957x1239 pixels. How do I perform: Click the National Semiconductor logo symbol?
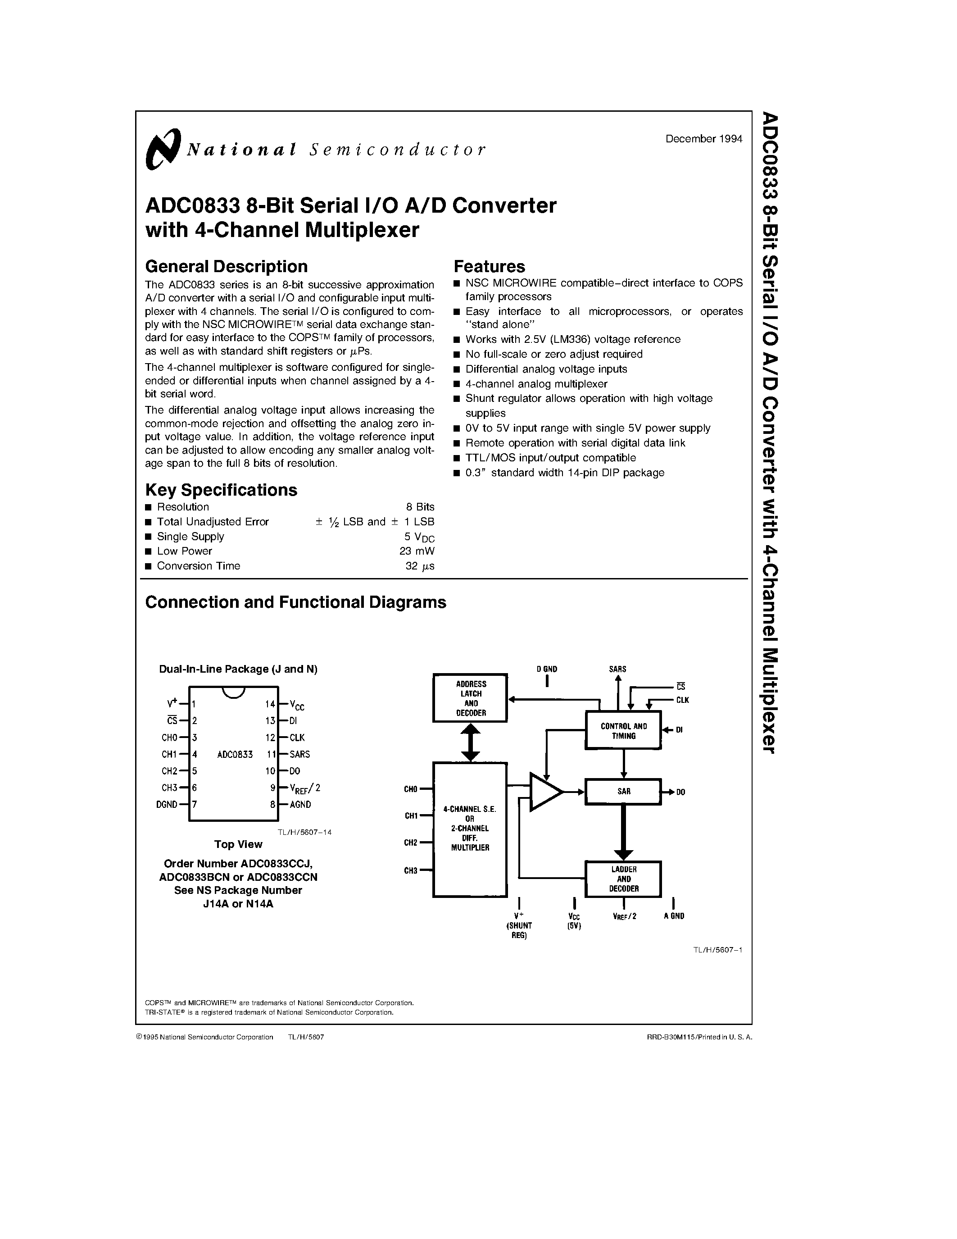tap(163, 149)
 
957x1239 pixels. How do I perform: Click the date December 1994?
tap(703, 139)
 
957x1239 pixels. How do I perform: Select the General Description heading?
tap(226, 267)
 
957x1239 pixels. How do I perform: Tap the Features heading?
tap(489, 267)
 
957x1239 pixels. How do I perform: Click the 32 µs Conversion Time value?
tap(420, 565)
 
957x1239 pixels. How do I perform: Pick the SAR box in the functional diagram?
tap(623, 792)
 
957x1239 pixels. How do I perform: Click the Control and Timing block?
tap(623, 731)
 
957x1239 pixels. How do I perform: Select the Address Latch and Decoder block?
tap(470, 698)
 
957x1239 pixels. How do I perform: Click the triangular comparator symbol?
tap(545, 791)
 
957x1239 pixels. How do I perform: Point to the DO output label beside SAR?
tap(680, 792)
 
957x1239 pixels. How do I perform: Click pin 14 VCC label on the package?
tap(297, 706)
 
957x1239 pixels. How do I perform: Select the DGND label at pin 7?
tap(167, 804)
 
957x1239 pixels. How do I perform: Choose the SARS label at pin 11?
tap(299, 754)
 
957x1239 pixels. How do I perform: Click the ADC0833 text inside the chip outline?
tap(235, 755)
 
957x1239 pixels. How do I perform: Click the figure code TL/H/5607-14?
tap(304, 832)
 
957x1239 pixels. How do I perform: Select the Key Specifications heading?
tap(221, 490)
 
